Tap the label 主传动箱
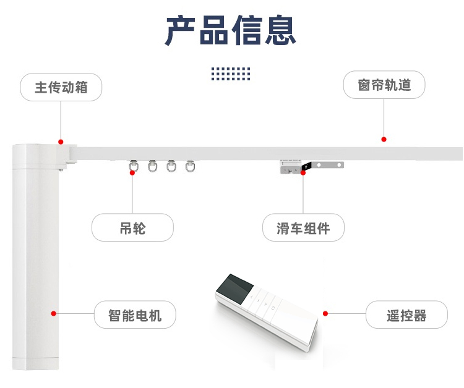pos(61,87)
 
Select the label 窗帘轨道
pos(384,85)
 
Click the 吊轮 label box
pos(132,227)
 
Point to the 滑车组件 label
pos(303,227)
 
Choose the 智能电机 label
pos(135,315)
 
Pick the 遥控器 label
pos(406,315)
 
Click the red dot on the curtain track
pos(384,140)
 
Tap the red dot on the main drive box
pos(61,141)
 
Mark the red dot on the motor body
pos(54,314)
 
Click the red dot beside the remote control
pos(326,313)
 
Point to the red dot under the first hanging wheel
pos(132,172)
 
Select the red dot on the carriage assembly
pos(303,172)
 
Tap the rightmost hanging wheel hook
pos(190,166)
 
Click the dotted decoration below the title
pos(231,74)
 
